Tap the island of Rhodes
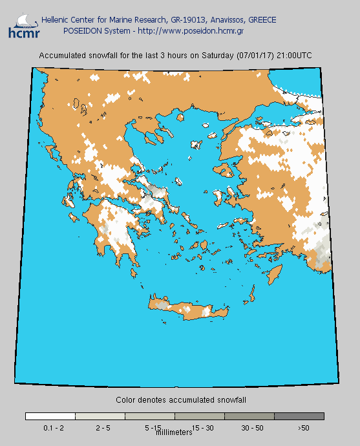pos(277,273)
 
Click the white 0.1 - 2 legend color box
pos(50,416)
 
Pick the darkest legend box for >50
pos(299,416)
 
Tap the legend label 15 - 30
pos(202,428)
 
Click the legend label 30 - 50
pos(251,428)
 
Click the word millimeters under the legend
pos(175,432)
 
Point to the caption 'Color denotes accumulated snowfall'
pos(180,401)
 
